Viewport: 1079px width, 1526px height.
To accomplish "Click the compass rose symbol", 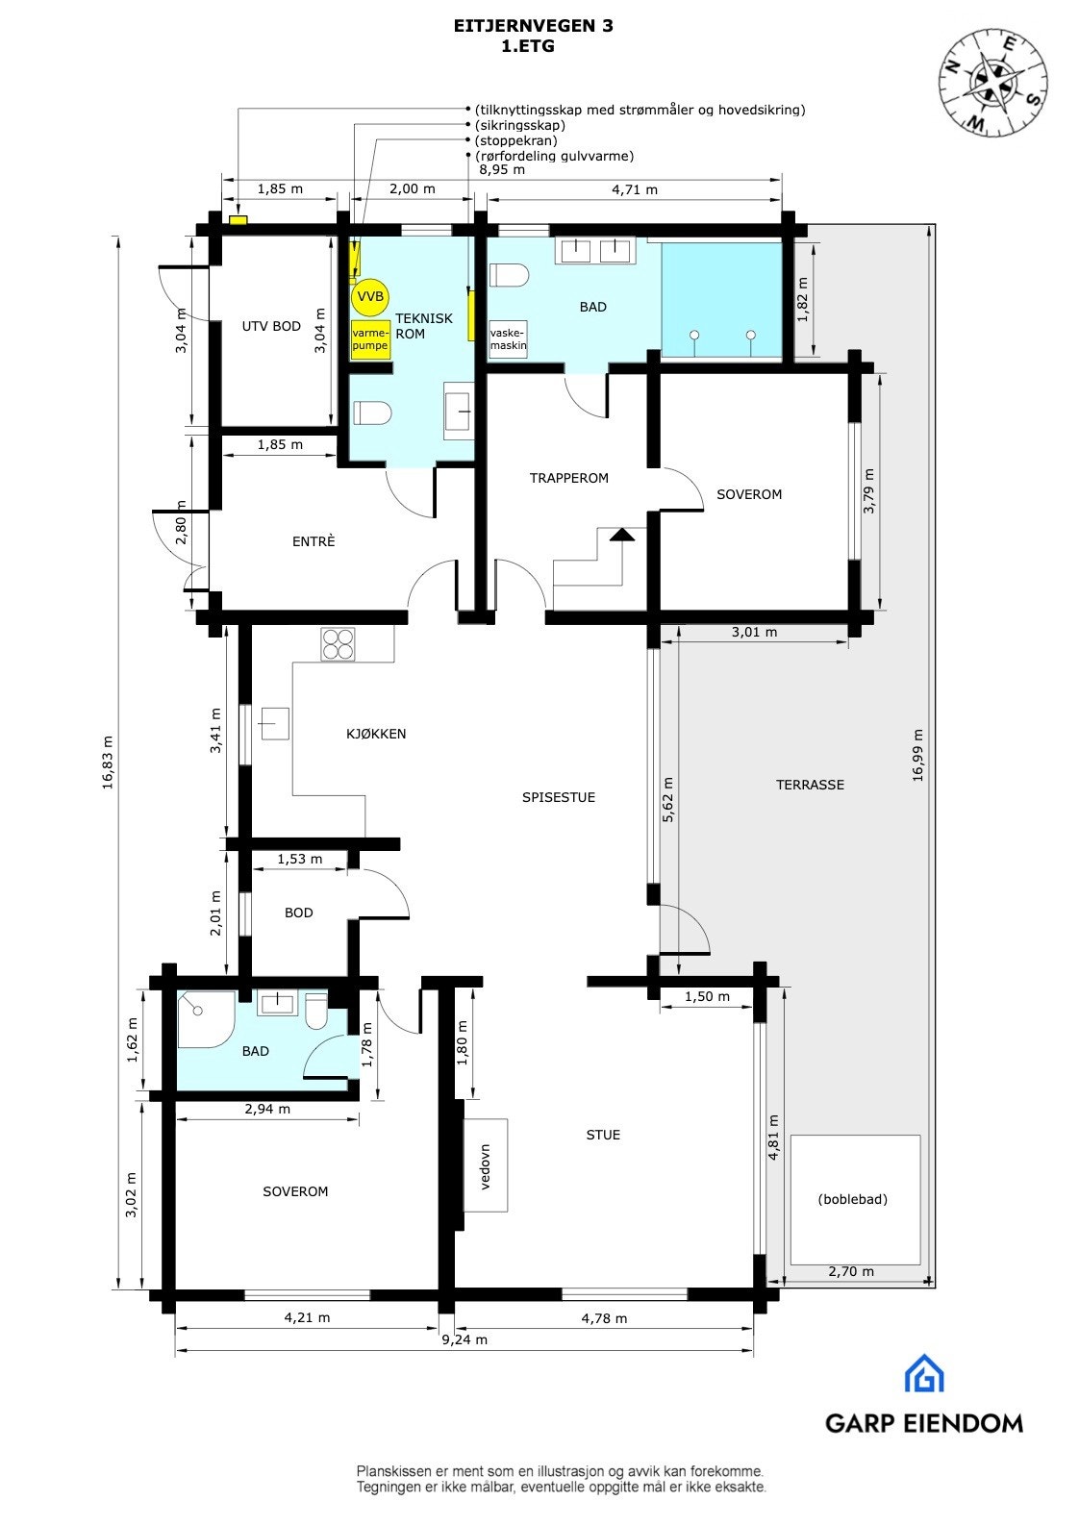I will click(993, 81).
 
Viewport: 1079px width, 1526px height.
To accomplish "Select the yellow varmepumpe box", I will click(370, 339).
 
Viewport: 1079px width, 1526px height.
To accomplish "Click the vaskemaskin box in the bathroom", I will click(509, 339).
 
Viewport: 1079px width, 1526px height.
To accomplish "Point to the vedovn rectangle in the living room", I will click(486, 1165).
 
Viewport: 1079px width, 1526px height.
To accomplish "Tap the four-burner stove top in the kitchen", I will click(338, 644).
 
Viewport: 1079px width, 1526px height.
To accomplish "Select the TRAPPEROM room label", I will click(569, 478).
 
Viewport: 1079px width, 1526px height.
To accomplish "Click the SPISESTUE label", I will click(559, 797).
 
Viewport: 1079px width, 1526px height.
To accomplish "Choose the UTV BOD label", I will click(271, 326).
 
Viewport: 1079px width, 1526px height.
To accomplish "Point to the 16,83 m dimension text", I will click(107, 763).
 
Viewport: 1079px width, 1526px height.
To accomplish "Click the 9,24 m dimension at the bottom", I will click(464, 1339).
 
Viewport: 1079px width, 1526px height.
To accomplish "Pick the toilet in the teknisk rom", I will click(372, 413).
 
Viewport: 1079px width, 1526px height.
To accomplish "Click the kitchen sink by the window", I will click(273, 722).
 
